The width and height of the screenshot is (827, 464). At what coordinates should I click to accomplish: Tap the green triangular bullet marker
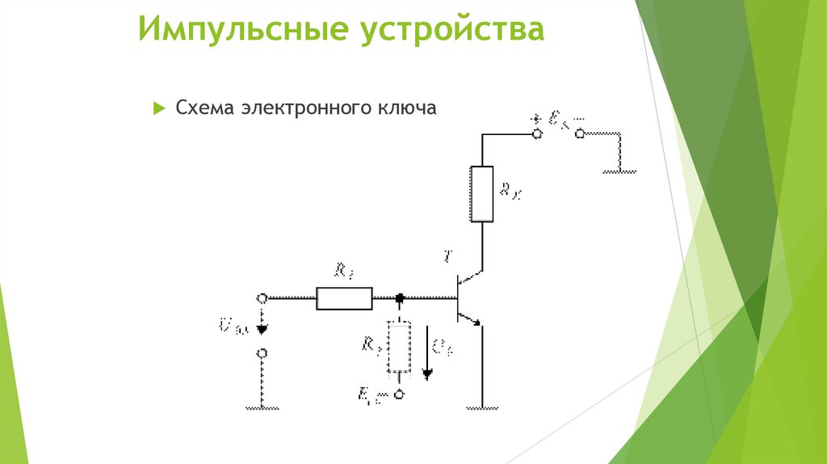click(158, 108)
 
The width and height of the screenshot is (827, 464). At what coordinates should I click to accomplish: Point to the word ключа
click(401, 108)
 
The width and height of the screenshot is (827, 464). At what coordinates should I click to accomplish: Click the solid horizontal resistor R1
click(344, 298)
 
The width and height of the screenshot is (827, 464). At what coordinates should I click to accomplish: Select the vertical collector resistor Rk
click(481, 193)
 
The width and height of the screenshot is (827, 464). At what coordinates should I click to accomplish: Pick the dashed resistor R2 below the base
click(398, 348)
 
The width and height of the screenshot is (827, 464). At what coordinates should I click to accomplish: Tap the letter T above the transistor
click(449, 257)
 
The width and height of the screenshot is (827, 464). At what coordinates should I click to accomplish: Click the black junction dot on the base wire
click(399, 299)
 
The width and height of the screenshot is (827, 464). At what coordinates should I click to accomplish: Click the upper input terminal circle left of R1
click(262, 298)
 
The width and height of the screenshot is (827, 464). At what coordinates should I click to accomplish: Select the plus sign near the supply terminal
click(534, 118)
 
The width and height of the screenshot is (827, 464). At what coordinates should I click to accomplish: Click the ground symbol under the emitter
click(482, 408)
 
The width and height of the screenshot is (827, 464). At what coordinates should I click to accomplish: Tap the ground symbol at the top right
click(619, 171)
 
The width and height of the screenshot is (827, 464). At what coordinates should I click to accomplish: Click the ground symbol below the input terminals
click(262, 408)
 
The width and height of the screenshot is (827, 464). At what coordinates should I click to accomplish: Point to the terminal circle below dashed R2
click(399, 394)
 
